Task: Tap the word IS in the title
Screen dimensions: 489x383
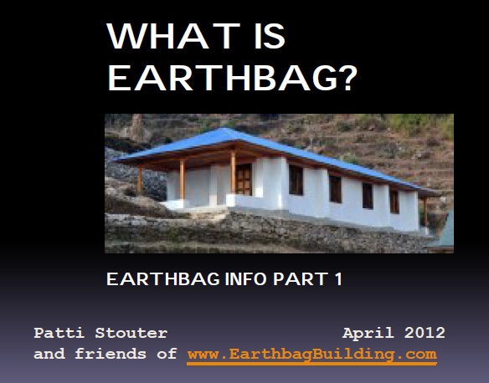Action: [x=270, y=36]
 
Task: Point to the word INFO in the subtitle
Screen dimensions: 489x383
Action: [x=245, y=278]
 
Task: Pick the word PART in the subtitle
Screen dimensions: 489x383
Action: [x=301, y=278]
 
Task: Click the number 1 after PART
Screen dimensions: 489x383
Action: [x=339, y=278]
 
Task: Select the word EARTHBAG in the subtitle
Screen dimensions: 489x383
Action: [x=163, y=278]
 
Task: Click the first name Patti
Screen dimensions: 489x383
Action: [x=59, y=333]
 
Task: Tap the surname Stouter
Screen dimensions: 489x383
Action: [x=131, y=333]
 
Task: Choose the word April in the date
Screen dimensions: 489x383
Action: [x=368, y=334]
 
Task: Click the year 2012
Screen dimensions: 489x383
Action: [x=425, y=333]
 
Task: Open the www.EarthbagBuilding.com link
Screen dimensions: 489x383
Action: [x=311, y=355]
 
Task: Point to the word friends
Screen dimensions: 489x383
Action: [x=111, y=354]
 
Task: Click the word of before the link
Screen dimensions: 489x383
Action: [x=167, y=354]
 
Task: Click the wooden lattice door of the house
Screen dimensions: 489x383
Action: [x=244, y=179]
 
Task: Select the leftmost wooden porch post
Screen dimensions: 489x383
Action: [x=140, y=178]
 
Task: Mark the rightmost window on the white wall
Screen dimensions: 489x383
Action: [x=394, y=201]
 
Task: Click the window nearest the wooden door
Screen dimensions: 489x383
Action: [x=296, y=180]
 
